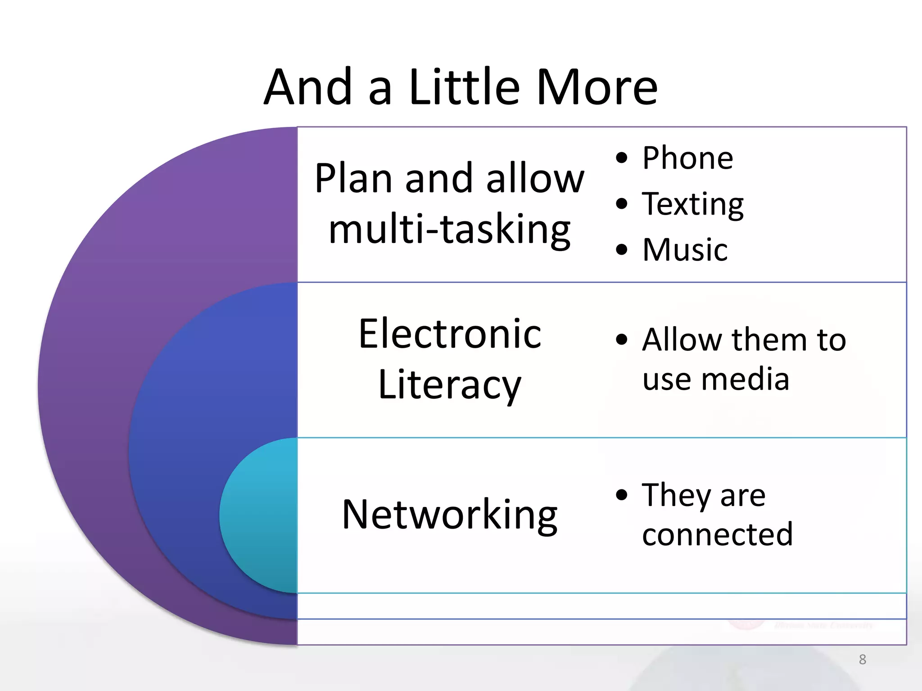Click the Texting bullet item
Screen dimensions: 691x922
692,205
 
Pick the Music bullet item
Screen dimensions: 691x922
684,250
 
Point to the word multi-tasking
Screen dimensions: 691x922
449,229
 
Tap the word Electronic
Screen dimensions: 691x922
449,334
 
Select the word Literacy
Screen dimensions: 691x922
449,385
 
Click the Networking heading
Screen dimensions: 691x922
449,515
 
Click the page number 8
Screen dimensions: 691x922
862,660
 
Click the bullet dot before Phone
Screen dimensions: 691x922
622,158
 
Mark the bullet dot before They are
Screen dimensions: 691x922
622,495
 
